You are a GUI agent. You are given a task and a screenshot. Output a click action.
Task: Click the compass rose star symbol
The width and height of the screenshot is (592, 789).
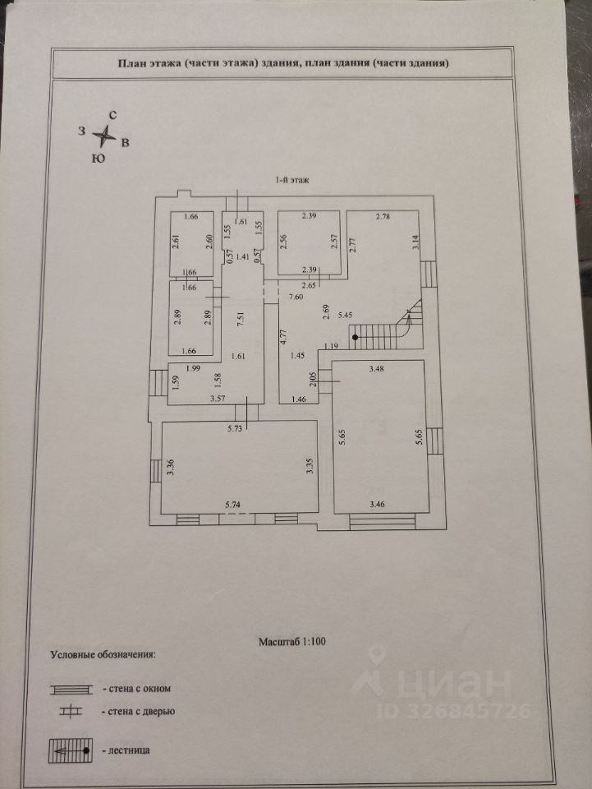104,136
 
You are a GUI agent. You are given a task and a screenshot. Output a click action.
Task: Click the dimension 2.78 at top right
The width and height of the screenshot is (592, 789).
383,216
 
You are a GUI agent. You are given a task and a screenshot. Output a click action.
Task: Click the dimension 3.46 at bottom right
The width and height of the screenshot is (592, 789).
378,503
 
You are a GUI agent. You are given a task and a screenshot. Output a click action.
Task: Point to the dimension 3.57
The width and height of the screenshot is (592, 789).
218,399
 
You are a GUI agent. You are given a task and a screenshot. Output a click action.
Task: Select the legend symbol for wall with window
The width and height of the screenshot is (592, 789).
71,689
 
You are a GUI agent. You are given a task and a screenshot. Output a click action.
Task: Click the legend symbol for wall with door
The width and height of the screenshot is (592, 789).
71,712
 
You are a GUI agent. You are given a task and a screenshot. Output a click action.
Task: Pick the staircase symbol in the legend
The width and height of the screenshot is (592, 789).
71,750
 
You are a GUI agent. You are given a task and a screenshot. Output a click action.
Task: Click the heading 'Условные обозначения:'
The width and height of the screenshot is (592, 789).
103,655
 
